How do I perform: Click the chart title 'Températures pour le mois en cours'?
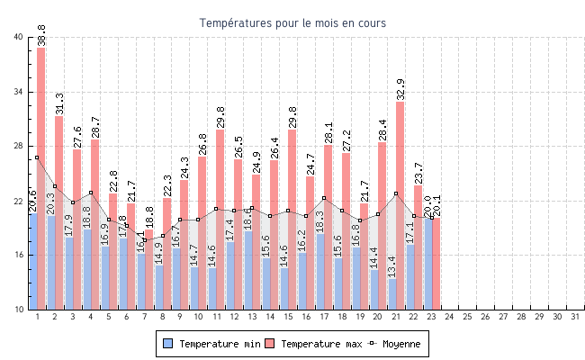click(292, 22)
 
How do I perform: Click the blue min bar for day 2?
click(51, 262)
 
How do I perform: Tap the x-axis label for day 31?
click(575, 317)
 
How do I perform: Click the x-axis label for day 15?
click(288, 317)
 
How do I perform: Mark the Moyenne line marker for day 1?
click(37, 157)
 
